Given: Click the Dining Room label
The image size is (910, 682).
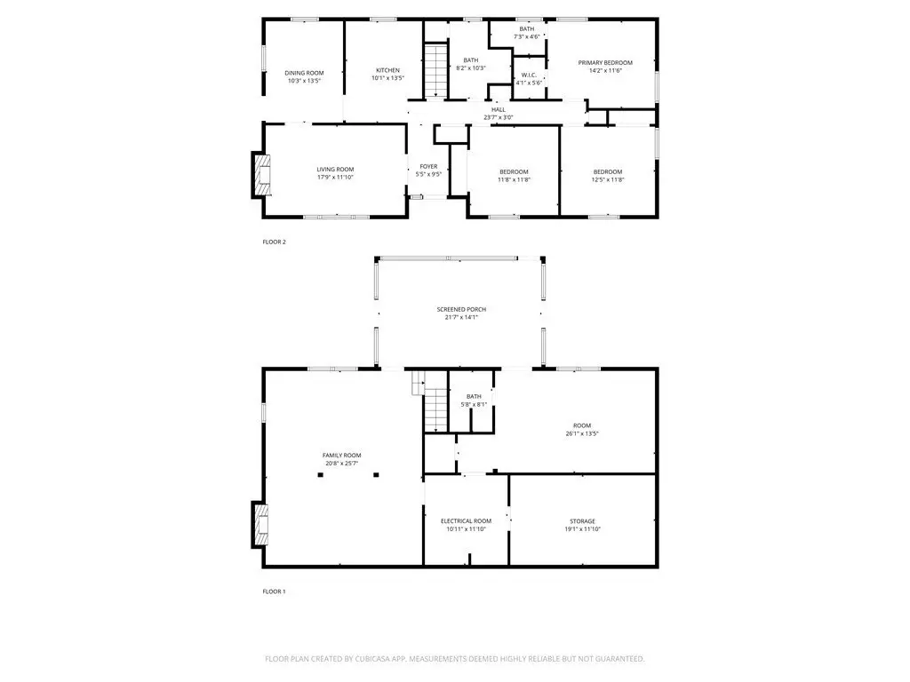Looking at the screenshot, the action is pos(304,73).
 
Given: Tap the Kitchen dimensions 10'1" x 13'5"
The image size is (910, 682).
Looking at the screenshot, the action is pos(387,78).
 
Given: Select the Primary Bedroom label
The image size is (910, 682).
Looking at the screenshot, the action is pos(605,63).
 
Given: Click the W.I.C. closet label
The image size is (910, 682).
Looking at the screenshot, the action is pos(529,75).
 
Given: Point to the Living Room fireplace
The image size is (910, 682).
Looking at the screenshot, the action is pos(260,175).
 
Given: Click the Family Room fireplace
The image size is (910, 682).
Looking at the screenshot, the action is pos(260,525).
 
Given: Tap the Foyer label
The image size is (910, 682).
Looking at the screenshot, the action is pos(429,166).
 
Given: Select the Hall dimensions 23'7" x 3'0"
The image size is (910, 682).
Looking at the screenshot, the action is pos(499,117).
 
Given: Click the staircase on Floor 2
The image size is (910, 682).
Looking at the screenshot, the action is pos(435,70).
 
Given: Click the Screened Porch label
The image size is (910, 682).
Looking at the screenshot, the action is pos(461,310).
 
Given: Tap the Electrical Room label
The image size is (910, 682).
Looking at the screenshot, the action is pos(466,521).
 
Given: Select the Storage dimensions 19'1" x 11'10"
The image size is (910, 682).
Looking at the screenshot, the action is pos(582,529).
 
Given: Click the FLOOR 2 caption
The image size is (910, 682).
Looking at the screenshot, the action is pos(274,242).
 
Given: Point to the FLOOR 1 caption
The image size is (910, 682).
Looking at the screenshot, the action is pos(274,591).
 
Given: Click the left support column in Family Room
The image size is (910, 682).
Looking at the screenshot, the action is pos(320,475).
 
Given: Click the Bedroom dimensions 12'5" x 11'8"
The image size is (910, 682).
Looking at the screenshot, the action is pos(608,179).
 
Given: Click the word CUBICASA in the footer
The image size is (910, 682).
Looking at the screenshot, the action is pos(379,659).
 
